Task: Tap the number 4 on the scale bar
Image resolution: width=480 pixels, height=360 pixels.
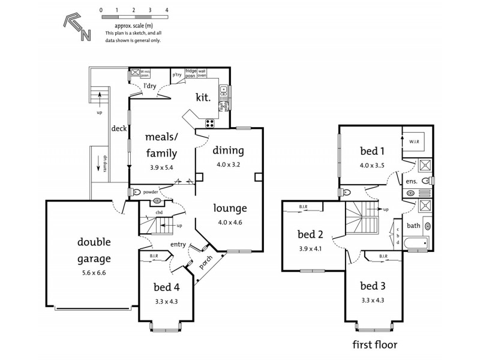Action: [166, 11]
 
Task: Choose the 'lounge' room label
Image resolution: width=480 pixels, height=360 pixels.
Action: [230, 209]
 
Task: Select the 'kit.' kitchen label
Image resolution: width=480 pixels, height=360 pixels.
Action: [203, 97]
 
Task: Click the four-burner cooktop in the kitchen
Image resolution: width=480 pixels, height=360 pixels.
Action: [211, 124]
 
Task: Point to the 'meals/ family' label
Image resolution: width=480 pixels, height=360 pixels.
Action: [160, 145]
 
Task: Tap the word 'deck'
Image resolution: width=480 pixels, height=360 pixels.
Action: [117, 128]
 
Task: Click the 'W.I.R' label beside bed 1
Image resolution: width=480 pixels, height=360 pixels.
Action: [415, 142]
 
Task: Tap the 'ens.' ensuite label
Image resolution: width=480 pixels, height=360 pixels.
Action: [411, 181]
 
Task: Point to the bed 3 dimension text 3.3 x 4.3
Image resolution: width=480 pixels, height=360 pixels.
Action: [372, 300]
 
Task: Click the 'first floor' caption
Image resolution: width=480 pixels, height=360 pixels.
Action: [375, 346]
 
